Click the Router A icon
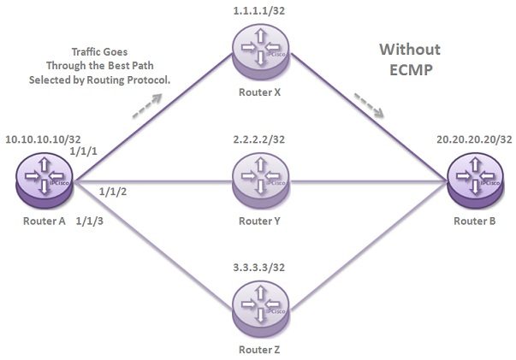44,180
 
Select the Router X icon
261,52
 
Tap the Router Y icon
261,180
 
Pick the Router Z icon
261,309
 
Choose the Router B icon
475,180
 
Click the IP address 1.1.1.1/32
259,11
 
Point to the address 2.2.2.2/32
259,139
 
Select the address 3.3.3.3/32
259,268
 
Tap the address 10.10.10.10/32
43,139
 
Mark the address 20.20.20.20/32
474,139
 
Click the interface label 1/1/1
84,151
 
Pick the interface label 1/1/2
113,192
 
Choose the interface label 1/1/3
90,221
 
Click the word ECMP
411,70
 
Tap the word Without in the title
410,50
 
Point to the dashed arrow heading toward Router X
147,105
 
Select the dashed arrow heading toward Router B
369,105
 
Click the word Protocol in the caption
149,80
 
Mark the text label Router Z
259,350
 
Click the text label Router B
475,221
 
